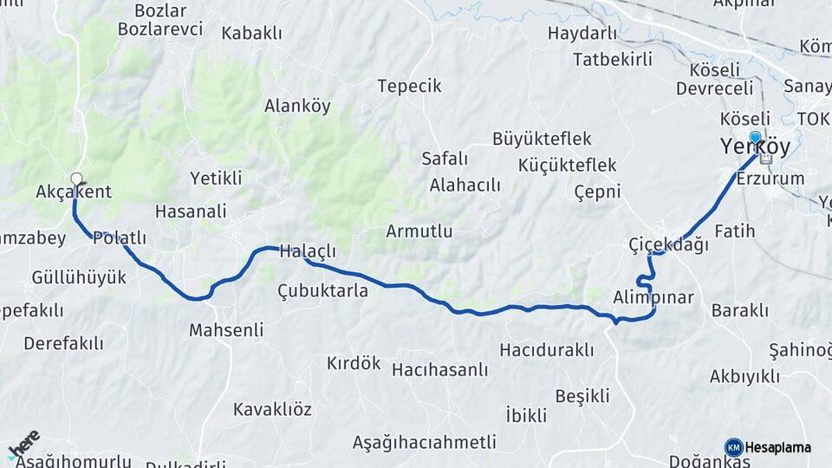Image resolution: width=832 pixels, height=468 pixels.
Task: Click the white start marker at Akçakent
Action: pyautogui.click(x=76, y=179)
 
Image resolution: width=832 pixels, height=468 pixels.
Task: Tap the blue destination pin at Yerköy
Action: pyautogui.click(x=756, y=138)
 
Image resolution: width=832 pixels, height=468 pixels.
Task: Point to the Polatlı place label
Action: pyautogui.click(x=119, y=237)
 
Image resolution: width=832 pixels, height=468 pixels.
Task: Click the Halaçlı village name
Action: pyautogui.click(x=307, y=252)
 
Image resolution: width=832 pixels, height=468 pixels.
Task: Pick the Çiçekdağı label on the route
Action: pyautogui.click(x=668, y=245)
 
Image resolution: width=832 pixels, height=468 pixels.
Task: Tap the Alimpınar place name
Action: pyautogui.click(x=653, y=297)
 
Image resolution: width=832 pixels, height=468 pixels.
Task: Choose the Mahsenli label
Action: pyautogui.click(x=225, y=330)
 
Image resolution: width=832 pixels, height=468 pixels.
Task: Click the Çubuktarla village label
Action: pyautogui.click(x=322, y=290)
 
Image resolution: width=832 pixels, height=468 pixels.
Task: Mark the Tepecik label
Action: pyautogui.click(x=409, y=86)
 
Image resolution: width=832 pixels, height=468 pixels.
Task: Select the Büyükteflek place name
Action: pyautogui.click(x=542, y=139)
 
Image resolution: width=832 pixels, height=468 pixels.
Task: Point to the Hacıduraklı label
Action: pyautogui.click(x=547, y=349)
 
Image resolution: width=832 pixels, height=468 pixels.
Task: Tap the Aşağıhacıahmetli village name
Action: pyautogui.click(x=424, y=442)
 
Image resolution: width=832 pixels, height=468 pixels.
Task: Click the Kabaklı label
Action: pyautogui.click(x=251, y=33)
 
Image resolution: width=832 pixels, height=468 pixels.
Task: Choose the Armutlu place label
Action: pyautogui.click(x=419, y=231)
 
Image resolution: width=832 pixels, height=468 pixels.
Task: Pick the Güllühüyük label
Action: pyautogui.click(x=79, y=277)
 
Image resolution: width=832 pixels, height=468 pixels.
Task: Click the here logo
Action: pyautogui.click(x=23, y=445)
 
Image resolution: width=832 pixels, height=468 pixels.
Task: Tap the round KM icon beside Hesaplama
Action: pyautogui.click(x=734, y=447)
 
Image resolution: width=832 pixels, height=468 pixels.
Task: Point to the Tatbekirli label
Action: pyautogui.click(x=612, y=60)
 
